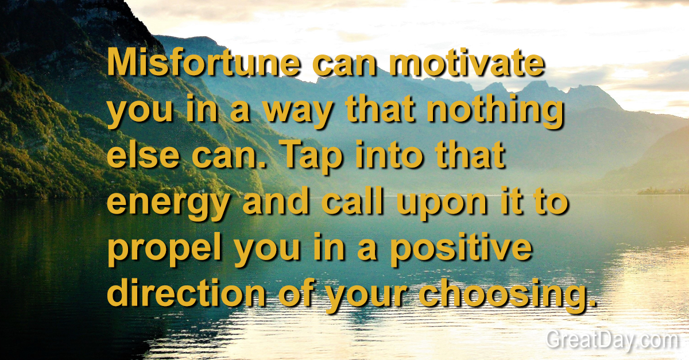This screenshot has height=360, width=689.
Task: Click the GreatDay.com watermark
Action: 611,340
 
